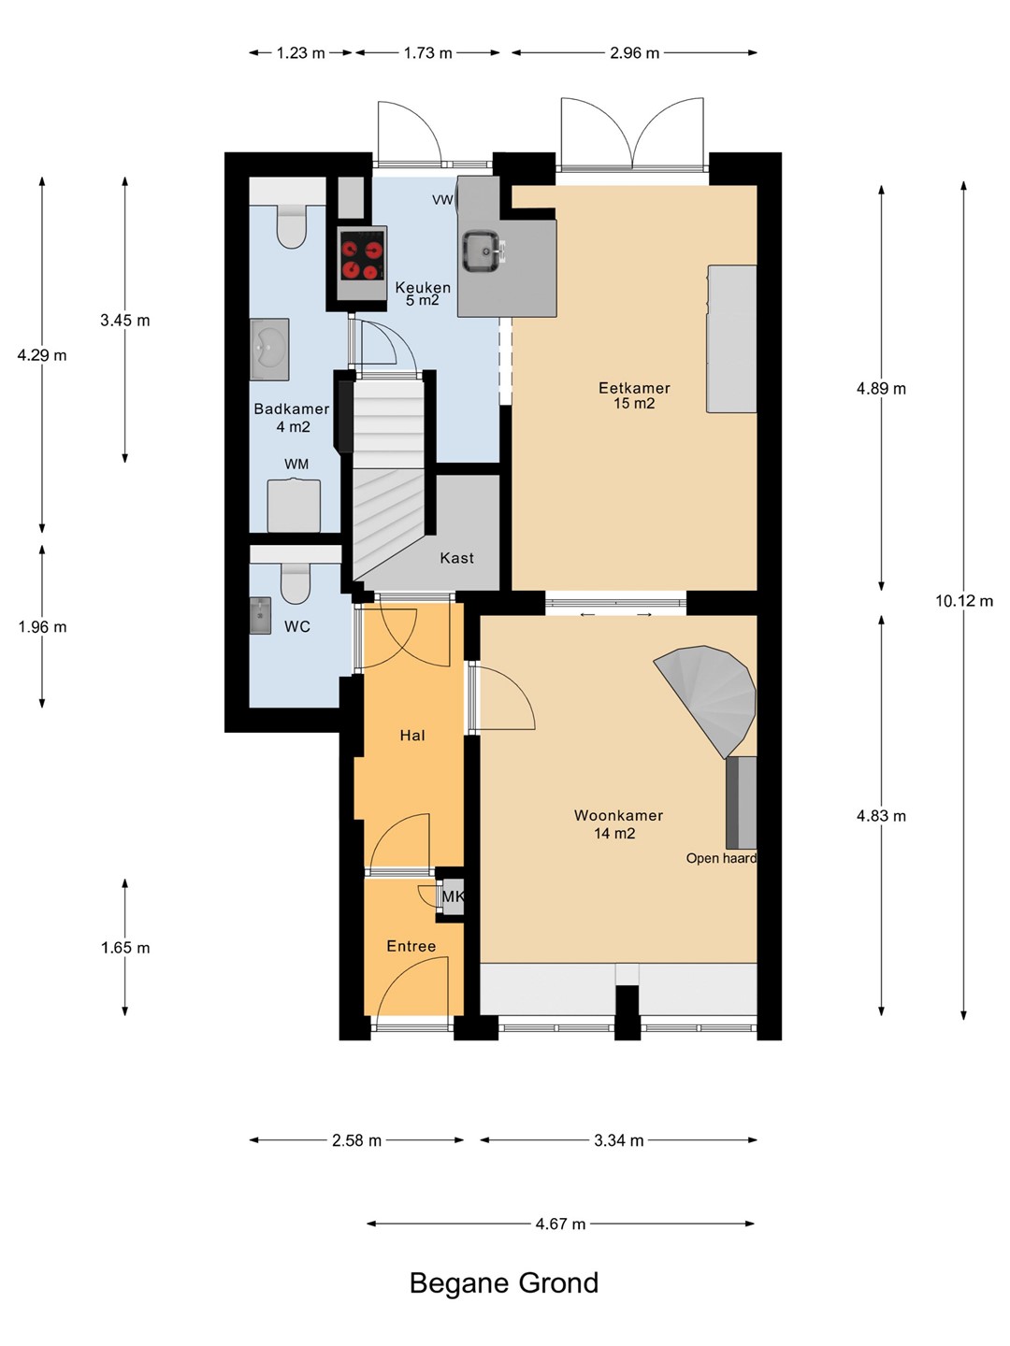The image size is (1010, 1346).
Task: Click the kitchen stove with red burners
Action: pos(362,262)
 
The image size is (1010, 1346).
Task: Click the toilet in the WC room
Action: pos(296,583)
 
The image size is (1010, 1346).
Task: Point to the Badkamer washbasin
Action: pos(269,350)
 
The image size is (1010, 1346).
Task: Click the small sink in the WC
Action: pos(260,616)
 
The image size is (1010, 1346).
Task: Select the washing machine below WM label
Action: pos(294,506)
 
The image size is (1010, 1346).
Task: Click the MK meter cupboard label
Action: pos(454,896)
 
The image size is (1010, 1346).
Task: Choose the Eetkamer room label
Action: pos(634,388)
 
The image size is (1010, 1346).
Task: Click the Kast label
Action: pos(457,558)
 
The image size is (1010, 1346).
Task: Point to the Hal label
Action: pos(412,736)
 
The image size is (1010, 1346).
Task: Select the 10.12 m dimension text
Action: pos(963,601)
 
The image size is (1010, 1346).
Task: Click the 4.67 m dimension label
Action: pos(560,1224)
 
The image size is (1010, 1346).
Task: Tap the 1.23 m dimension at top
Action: pos(300,53)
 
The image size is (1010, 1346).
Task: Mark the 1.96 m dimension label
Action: pos(42,626)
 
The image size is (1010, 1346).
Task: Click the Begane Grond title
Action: pos(504,1282)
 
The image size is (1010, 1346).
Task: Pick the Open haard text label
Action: pos(721,858)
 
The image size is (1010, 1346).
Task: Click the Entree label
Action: pos(411,946)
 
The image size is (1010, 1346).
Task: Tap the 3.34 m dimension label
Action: pos(619,1140)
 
